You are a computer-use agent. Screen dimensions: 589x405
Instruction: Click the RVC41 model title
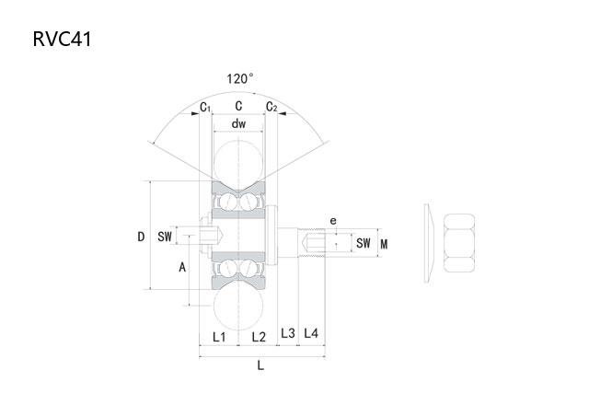coord(62,39)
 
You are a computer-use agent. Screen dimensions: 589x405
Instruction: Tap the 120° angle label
coord(239,79)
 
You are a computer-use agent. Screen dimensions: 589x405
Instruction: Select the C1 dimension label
coord(205,107)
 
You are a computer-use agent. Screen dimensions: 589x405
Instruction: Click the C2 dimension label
coord(271,107)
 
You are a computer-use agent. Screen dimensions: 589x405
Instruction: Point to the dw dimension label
coord(238,123)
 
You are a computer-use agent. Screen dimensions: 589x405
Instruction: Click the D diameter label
coord(141,237)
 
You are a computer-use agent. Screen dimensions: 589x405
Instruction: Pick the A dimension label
coord(182,267)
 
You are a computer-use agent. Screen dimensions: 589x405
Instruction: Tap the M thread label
coord(384,245)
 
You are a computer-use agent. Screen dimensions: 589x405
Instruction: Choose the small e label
coord(333,221)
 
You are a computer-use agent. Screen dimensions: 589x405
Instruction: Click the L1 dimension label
coord(219,337)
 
